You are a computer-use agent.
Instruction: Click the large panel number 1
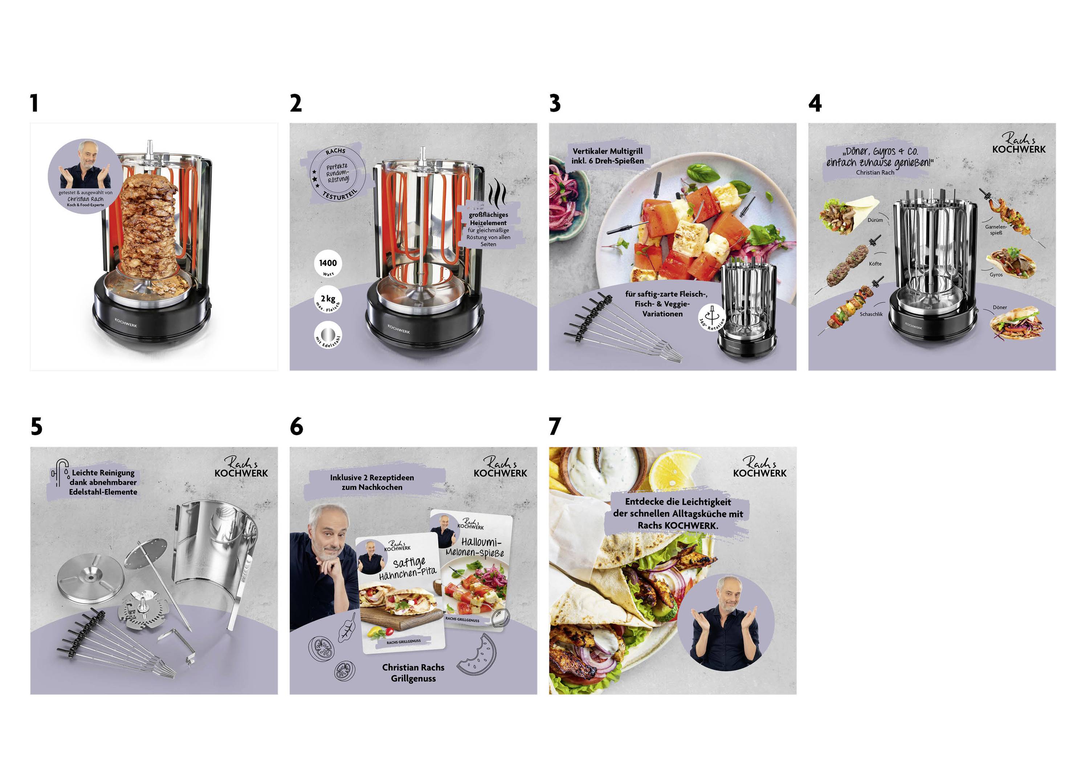click(34, 103)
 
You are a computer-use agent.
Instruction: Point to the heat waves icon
click(497, 192)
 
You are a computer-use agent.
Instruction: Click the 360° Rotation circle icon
click(711, 317)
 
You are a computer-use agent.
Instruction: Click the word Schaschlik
click(871, 314)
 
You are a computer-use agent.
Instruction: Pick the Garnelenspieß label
click(996, 229)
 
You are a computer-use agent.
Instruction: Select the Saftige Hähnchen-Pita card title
click(408, 568)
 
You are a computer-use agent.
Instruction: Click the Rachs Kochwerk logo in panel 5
click(241, 467)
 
